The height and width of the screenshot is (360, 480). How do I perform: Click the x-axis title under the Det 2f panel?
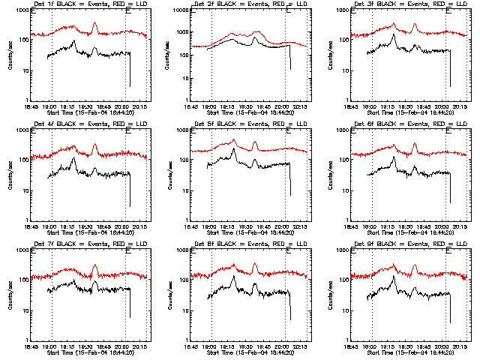coord(250,112)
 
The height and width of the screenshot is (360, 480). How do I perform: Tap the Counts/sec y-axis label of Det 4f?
coord(10,175)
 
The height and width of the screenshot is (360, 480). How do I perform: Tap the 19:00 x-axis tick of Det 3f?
coord(372,106)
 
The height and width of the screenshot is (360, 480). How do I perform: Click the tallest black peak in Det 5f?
coord(234,149)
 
